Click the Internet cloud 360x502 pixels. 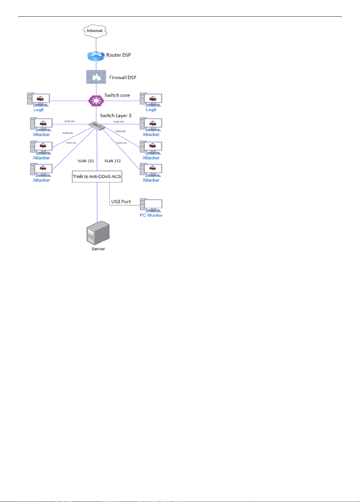[x=95, y=31]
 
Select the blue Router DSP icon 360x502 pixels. [x=96, y=56]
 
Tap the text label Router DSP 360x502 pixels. [x=119, y=55]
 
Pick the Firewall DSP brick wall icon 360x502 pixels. [x=96, y=77]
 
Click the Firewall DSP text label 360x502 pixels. [x=123, y=77]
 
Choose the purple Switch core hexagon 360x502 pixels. [x=96, y=101]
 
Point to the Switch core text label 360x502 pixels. [x=117, y=95]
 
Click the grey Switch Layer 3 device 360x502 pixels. [x=97, y=126]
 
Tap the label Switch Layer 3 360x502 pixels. [x=116, y=115]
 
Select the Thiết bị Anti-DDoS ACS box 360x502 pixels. [x=97, y=177]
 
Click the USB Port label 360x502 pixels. [x=121, y=202]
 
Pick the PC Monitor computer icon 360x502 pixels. [x=151, y=205]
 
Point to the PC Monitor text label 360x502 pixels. [x=151, y=215]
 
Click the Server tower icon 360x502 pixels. [x=98, y=233]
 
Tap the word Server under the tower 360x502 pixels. [x=98, y=249]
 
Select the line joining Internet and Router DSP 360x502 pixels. [x=96, y=44]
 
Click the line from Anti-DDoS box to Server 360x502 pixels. [x=97, y=202]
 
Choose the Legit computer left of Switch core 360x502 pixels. [x=38, y=99]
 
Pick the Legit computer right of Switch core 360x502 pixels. [x=151, y=99]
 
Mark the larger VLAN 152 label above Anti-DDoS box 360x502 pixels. [x=113, y=161]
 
